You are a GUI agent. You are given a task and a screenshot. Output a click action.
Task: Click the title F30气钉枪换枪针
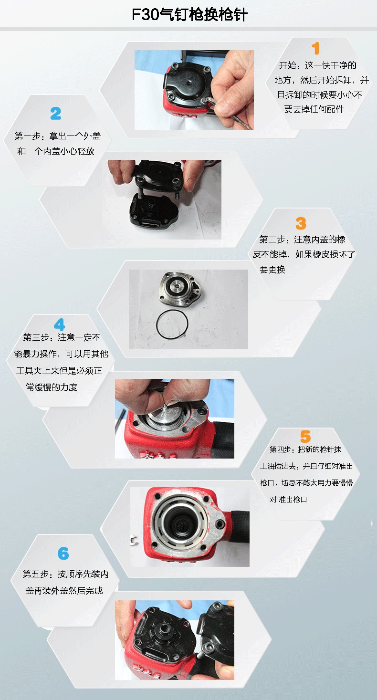(x=189, y=14)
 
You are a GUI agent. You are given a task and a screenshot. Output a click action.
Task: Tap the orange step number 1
(x=315, y=49)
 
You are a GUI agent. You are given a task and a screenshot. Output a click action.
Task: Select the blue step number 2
(x=56, y=114)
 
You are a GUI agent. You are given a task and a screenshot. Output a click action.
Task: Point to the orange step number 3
(x=301, y=223)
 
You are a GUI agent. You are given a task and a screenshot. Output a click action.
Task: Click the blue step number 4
(x=59, y=324)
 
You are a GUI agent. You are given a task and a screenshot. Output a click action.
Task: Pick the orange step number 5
(x=305, y=437)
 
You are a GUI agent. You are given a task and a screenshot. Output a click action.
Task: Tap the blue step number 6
(x=63, y=554)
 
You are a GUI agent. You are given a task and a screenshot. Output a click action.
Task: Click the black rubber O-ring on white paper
(x=172, y=324)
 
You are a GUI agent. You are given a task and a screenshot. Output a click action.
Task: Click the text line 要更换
(x=272, y=270)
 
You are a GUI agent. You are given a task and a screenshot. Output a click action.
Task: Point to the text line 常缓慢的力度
(x=52, y=387)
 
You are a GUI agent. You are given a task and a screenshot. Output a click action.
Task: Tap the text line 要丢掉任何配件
(x=314, y=109)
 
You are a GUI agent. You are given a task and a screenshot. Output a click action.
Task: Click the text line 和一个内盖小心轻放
(x=56, y=151)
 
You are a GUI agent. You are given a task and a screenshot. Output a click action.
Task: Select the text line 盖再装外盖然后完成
(x=64, y=591)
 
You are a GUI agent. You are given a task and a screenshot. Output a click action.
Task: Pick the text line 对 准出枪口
(x=288, y=500)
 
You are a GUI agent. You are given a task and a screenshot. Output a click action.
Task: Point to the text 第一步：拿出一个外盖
(x=58, y=136)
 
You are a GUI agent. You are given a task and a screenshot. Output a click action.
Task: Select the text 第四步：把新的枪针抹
(x=305, y=449)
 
